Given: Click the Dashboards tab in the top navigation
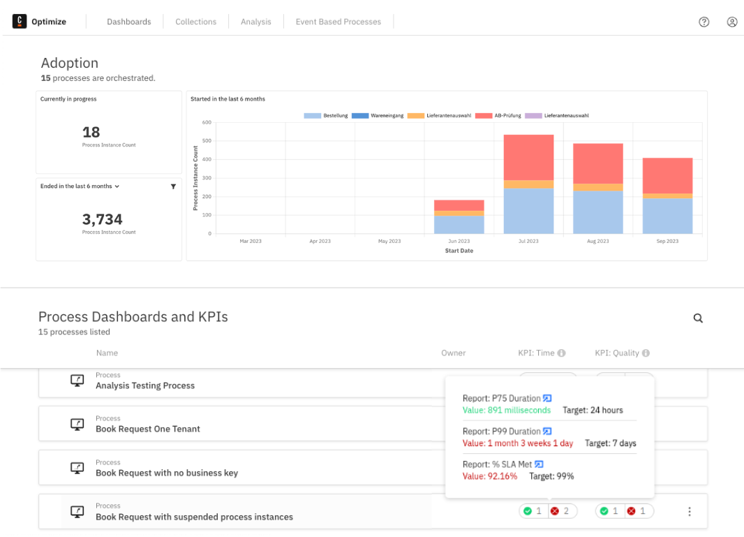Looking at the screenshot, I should point(128,22).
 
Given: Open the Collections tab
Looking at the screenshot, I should point(195,22).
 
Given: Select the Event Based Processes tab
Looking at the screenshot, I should point(338,22).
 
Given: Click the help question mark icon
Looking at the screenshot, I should point(704,22).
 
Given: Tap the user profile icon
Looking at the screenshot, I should point(732,22).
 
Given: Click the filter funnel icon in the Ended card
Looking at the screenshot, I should point(173,186).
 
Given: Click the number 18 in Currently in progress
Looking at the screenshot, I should point(91,132).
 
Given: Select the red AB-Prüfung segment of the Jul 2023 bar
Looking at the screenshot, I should point(528,157).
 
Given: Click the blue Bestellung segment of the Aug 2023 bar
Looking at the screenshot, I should point(598,212).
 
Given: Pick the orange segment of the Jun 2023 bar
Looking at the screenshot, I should point(459,213).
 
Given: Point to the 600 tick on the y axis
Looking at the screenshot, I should point(207,122).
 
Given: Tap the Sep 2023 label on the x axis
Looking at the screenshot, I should point(667,241).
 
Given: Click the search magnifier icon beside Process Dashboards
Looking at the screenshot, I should point(698,318).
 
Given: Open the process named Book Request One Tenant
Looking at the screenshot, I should point(148,429).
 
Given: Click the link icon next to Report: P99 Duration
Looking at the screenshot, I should point(548,432).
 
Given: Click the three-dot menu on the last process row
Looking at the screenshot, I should point(690,512).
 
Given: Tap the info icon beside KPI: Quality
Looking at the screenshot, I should point(646,353).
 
